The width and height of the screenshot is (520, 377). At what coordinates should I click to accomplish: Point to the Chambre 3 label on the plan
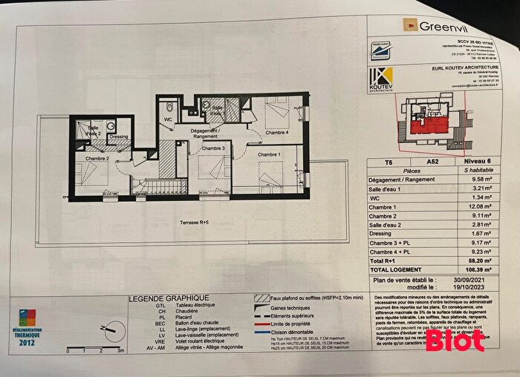[x=212, y=148]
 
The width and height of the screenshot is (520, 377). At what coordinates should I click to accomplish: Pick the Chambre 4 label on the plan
[x=276, y=134]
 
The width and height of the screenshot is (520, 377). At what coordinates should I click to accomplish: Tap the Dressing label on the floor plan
[x=118, y=137]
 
